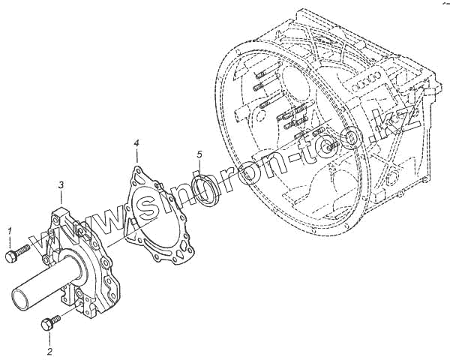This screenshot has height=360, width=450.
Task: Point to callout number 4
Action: pyautogui.click(x=136, y=142)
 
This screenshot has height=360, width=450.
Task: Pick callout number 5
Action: pyautogui.click(x=199, y=154)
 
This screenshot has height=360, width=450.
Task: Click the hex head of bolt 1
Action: pyautogui.click(x=11, y=257)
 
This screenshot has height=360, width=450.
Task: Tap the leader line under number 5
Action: pyautogui.click(x=200, y=167)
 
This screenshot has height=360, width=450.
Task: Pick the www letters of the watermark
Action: pyautogui.click(x=72, y=229)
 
